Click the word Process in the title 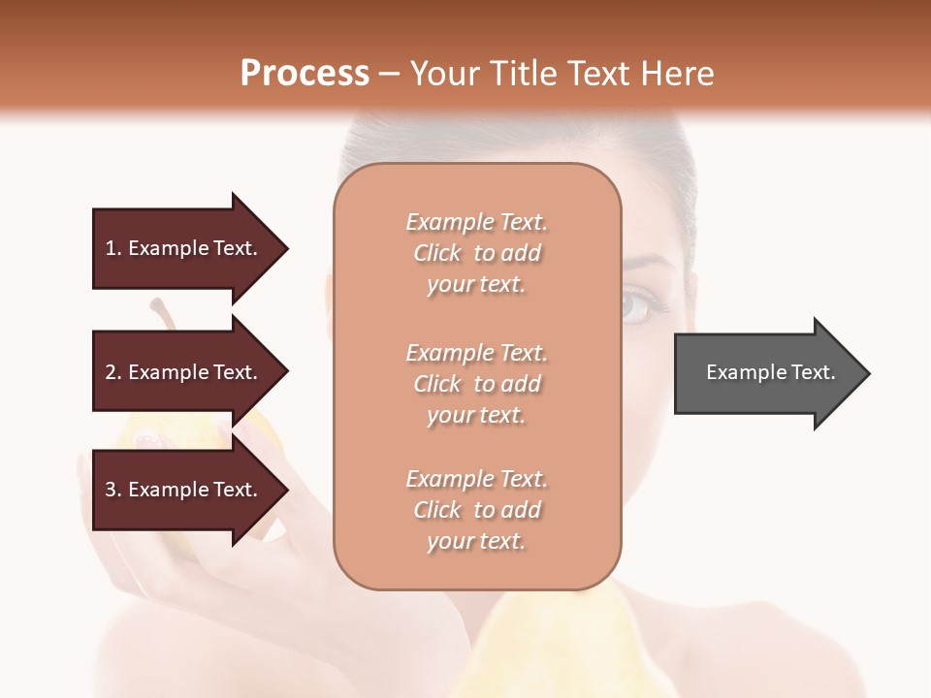click(x=305, y=73)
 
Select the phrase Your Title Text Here click(x=562, y=73)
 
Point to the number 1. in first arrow click(x=113, y=248)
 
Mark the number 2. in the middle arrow click(x=113, y=372)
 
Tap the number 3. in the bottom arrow click(x=113, y=490)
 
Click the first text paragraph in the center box click(x=476, y=253)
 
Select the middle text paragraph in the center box click(x=476, y=384)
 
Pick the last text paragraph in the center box click(x=476, y=510)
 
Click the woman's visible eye click(x=643, y=307)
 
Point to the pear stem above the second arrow click(x=163, y=314)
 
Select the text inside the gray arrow click(x=771, y=372)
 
